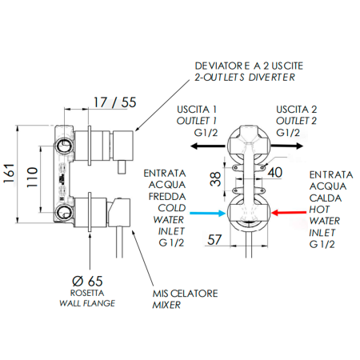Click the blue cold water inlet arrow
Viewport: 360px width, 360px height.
[x=208, y=213]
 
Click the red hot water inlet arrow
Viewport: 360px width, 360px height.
[x=289, y=213]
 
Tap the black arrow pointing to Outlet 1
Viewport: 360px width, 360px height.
[x=208, y=146]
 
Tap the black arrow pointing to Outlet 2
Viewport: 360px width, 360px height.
[x=287, y=146]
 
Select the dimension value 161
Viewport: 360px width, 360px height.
[x=9, y=173]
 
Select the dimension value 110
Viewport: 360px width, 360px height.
[x=32, y=177]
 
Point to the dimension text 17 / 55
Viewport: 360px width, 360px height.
[x=114, y=102]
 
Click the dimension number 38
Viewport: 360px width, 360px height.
[x=215, y=178]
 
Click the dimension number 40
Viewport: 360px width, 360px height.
[x=275, y=172]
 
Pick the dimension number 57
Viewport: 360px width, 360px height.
[x=214, y=239]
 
